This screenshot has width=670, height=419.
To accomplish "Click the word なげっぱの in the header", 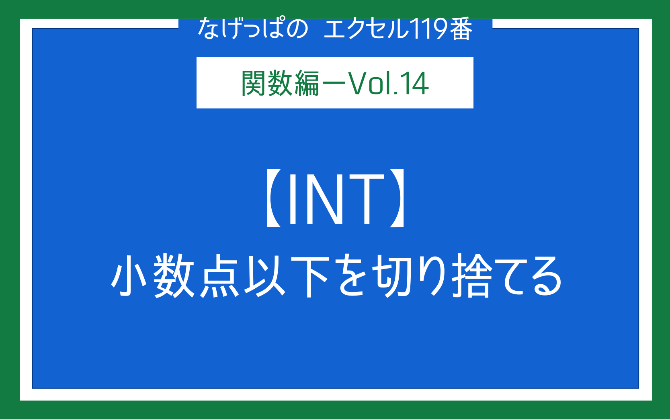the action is [x=253, y=29].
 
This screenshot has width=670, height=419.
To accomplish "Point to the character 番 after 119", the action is [x=461, y=29].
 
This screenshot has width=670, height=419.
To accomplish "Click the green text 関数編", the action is [x=280, y=83].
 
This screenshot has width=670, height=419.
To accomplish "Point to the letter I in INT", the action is [x=293, y=199].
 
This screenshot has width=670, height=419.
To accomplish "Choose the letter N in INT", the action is [x=324, y=199].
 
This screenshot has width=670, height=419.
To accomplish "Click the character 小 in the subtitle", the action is [x=129, y=275].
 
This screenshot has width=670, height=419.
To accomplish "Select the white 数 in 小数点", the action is [x=174, y=275].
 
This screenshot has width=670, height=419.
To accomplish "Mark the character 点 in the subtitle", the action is [x=219, y=275].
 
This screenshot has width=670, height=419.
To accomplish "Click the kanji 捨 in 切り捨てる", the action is [x=472, y=275].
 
